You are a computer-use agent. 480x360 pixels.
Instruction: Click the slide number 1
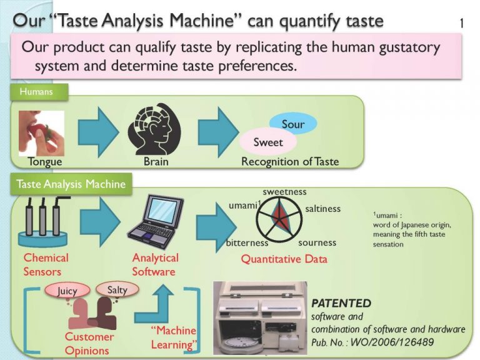(461, 24)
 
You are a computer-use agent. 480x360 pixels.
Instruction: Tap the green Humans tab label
(36, 92)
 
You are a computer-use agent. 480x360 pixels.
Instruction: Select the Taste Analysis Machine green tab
(71, 184)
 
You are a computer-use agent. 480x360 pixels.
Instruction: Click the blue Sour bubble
(292, 124)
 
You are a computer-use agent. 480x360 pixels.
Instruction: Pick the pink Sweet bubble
(267, 142)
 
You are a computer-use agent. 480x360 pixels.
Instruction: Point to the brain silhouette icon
(154, 133)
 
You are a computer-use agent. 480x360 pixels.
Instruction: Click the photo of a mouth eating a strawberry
(41, 133)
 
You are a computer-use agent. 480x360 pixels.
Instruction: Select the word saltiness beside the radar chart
(323, 209)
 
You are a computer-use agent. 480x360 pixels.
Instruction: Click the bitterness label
(247, 242)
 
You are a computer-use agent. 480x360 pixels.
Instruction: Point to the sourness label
(317, 242)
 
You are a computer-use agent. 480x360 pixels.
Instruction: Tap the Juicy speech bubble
(67, 291)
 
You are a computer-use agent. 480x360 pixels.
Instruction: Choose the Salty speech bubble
(117, 289)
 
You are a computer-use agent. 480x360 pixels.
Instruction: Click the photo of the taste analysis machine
(259, 319)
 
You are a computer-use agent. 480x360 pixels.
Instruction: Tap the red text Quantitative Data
(284, 259)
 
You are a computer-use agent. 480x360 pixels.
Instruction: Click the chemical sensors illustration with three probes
(42, 223)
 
